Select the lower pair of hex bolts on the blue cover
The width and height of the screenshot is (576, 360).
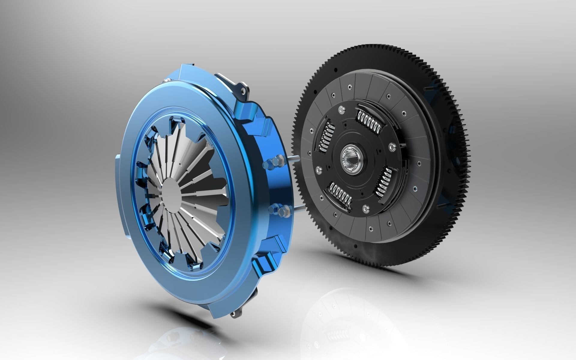tap(278, 210)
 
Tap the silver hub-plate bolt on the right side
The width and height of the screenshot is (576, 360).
tap(391, 147)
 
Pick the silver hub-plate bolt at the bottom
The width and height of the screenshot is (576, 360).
tap(365, 208)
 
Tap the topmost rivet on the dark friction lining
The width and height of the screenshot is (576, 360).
tap(349, 87)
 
